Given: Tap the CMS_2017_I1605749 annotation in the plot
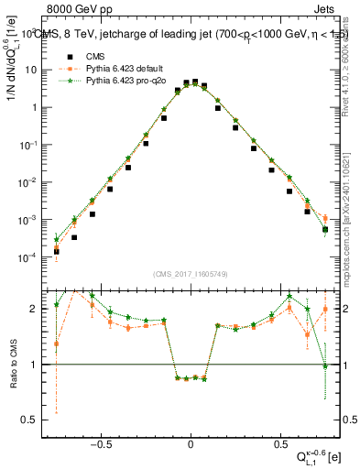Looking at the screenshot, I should pos(190,274).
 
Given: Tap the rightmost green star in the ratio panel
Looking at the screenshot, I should pos(325,366).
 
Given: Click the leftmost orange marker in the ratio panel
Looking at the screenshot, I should pos(56,344).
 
